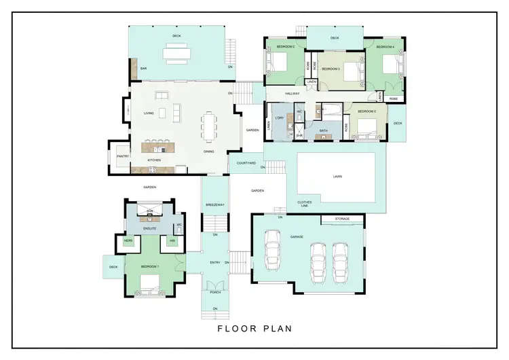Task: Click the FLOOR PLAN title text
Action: click(x=254, y=329)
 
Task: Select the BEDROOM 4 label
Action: click(x=385, y=47)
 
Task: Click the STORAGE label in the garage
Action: click(x=343, y=219)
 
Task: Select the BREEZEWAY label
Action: click(x=214, y=204)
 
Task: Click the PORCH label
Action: click(x=215, y=292)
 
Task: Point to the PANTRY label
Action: click(x=123, y=156)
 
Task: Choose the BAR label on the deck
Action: click(x=143, y=69)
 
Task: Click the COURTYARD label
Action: click(x=246, y=163)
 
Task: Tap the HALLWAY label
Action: click(x=292, y=93)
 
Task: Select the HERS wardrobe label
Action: click(x=128, y=240)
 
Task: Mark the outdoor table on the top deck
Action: click(x=176, y=53)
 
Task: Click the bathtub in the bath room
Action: click(x=331, y=110)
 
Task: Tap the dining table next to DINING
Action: click(x=207, y=126)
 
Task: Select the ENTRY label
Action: click(x=215, y=262)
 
